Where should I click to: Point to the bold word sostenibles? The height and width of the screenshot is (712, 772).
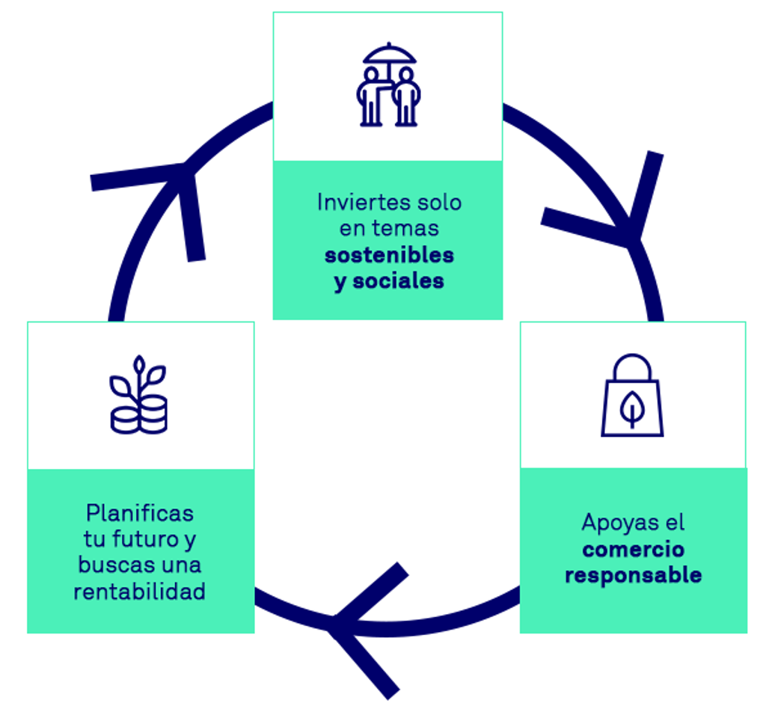coord(389,255)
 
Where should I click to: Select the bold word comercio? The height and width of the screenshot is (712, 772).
coord(633,550)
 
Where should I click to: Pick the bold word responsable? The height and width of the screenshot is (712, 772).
coord(633,576)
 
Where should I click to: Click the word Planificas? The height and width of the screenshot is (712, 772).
coord(140,514)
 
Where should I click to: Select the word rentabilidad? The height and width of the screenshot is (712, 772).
coord(140,592)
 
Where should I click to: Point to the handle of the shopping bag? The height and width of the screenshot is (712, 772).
coord(632,367)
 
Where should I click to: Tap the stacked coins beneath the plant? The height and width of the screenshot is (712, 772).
coord(140,415)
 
